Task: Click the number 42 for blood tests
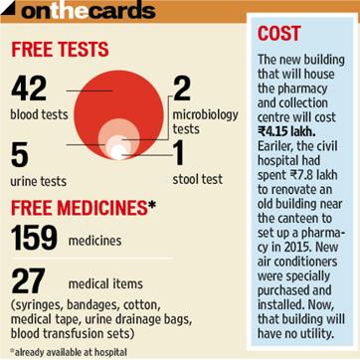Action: [x=29, y=88]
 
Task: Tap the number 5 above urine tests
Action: [x=19, y=155]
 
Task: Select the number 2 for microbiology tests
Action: [x=182, y=88]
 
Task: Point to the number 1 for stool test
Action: [x=178, y=154]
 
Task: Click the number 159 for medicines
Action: [x=34, y=238]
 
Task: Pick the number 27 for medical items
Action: [x=28, y=281]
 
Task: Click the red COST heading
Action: [x=279, y=34]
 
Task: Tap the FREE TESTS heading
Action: [x=60, y=50]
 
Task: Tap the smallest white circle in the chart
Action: [x=118, y=152]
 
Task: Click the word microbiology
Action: [x=205, y=115]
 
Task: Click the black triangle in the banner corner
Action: [x=8, y=8]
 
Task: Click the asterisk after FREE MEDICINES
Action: [x=151, y=205]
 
